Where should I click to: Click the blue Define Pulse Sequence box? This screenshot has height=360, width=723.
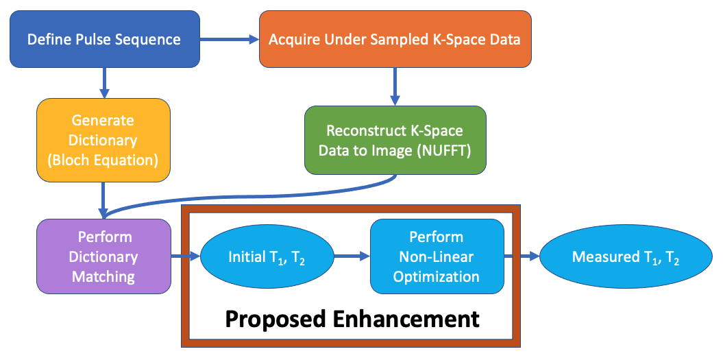point(103,38)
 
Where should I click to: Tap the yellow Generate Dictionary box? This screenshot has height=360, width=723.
point(103,140)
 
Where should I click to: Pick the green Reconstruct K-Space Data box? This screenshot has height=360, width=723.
point(395,140)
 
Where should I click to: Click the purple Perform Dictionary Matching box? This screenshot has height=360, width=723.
point(103,256)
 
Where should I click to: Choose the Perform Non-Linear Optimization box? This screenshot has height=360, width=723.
point(436,256)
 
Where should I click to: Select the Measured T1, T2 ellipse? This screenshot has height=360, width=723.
point(626,257)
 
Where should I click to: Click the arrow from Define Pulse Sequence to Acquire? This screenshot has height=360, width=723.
point(230,40)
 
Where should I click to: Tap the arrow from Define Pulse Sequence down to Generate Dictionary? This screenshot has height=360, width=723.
point(103,82)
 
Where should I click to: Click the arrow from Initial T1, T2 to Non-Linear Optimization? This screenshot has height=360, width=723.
point(352,257)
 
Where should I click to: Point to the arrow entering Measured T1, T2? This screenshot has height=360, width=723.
point(522,257)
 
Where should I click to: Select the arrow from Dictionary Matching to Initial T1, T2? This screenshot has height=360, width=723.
point(185,257)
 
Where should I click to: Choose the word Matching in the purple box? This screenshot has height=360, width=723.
point(103,276)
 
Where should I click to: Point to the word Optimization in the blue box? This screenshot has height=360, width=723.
point(436,276)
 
